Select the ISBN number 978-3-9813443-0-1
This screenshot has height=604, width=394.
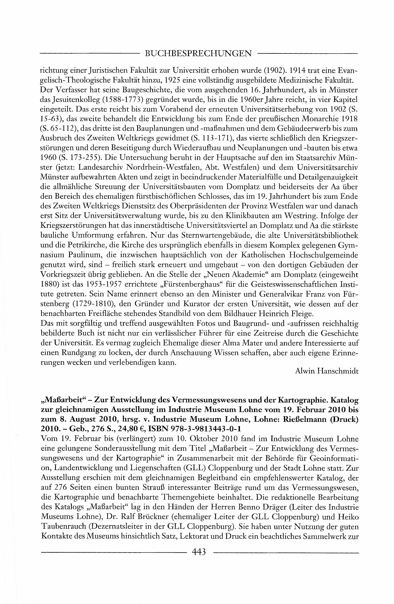point(206,429)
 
